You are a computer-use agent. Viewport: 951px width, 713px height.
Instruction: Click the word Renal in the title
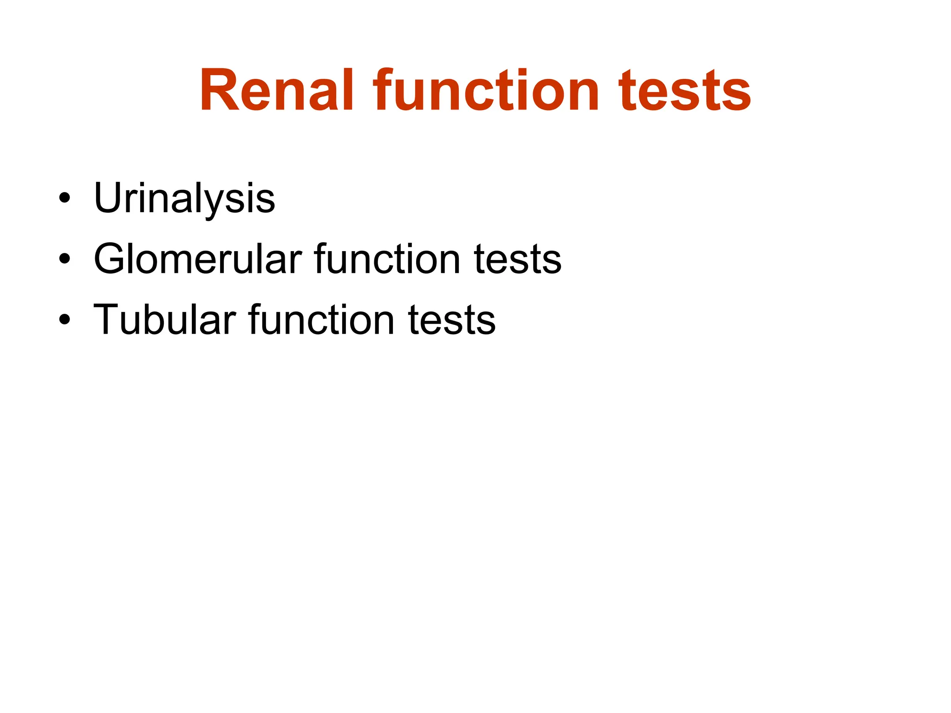tap(277, 91)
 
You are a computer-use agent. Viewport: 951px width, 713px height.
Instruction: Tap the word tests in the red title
tap(684, 91)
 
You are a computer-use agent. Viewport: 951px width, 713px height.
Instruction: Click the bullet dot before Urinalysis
tap(65, 198)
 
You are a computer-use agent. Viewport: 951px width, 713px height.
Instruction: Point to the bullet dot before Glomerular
tap(65, 259)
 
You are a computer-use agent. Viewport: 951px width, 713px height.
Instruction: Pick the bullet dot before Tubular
tap(65, 320)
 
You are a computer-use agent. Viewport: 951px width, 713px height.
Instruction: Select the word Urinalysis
tap(184, 198)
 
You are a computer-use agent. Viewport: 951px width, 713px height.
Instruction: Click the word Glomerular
tap(198, 259)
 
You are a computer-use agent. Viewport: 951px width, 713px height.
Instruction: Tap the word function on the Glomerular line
tap(387, 259)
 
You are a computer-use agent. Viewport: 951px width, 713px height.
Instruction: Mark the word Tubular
tap(165, 320)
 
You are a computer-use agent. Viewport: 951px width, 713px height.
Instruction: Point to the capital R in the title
tap(218, 91)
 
